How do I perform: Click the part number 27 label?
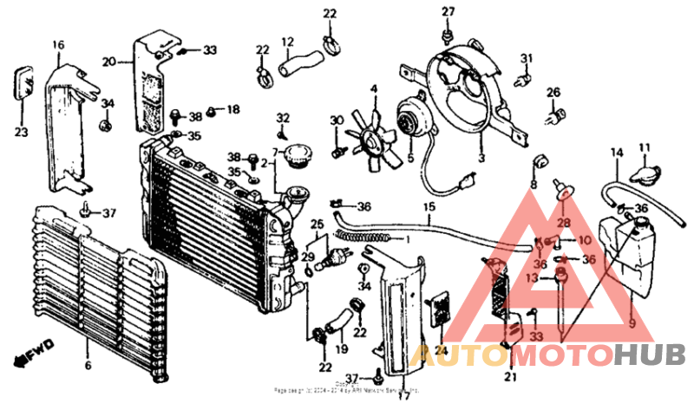(x=448, y=11)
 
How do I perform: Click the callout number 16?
(x=58, y=44)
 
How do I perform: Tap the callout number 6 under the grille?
(x=87, y=366)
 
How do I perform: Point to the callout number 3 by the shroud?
(x=481, y=159)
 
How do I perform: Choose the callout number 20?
(x=109, y=61)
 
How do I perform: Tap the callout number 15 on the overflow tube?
(x=428, y=207)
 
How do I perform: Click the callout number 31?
(x=526, y=58)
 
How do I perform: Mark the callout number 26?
(x=553, y=93)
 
